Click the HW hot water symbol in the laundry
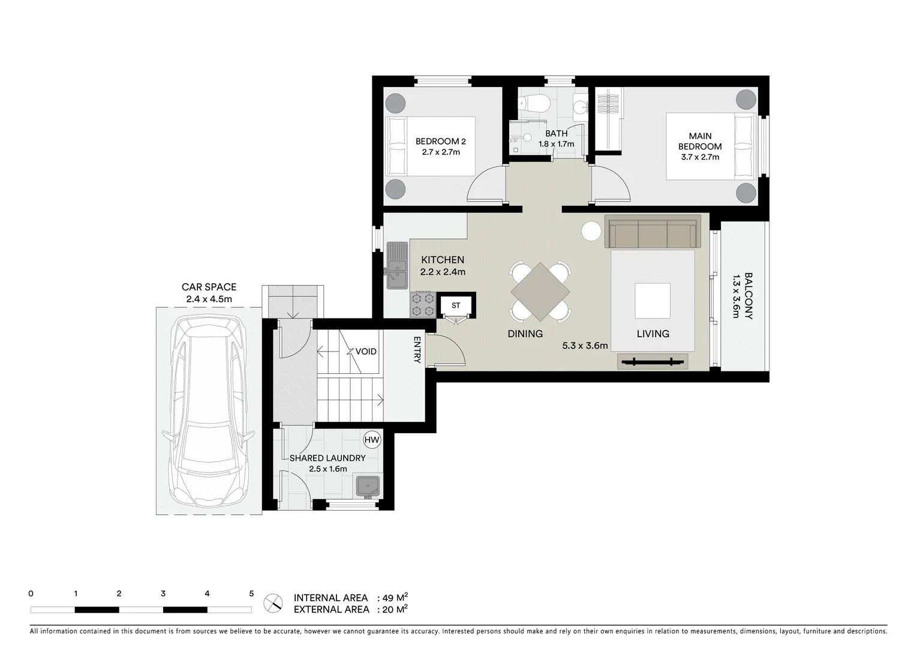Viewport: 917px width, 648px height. [372, 440]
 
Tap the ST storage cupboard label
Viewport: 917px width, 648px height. [456, 305]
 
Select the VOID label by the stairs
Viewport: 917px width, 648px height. [366, 351]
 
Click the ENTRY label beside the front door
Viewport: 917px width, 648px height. [417, 349]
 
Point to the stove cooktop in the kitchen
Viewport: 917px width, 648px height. [422, 304]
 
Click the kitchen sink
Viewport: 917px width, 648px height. [396, 264]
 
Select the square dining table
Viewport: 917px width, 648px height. [540, 292]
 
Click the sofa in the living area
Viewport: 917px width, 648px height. [653, 232]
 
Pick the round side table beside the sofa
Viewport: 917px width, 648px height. [591, 232]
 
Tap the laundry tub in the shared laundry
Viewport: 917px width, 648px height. [367, 485]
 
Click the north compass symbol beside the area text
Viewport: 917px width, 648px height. [273, 602]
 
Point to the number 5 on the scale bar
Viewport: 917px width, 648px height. [251, 593]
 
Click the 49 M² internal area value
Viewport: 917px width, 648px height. [395, 598]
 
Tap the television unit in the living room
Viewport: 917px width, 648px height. [653, 361]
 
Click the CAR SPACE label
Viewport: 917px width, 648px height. [209, 287]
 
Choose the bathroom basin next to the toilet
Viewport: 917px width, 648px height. [580, 107]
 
